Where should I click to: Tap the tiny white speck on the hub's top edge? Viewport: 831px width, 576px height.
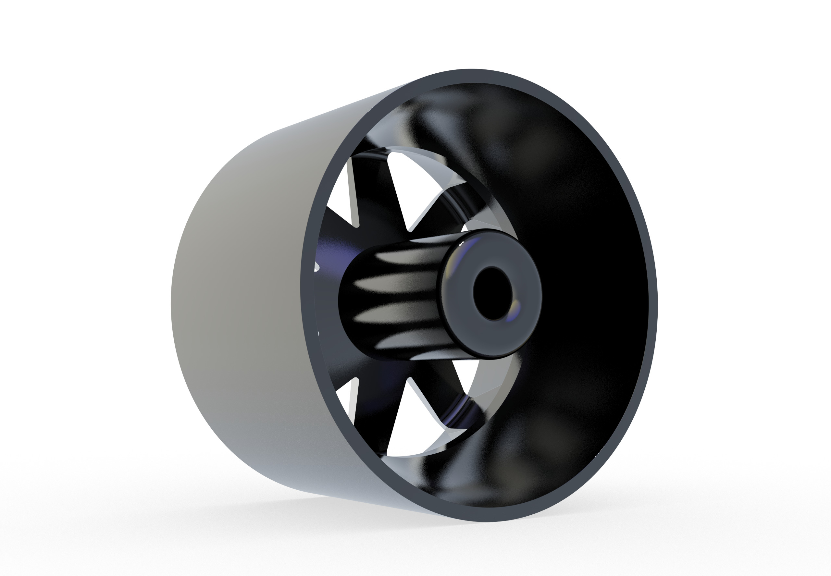(461, 245)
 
